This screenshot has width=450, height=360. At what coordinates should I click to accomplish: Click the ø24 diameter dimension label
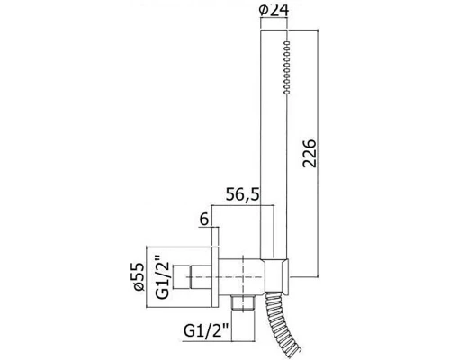(274, 11)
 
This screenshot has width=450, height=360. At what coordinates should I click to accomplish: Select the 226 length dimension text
(310, 153)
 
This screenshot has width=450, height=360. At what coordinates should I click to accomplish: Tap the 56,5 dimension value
(242, 195)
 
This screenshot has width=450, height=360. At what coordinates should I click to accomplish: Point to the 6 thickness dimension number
(203, 220)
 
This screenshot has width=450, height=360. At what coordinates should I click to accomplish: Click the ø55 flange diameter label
(139, 276)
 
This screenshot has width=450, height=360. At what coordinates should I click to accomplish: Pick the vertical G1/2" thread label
(163, 276)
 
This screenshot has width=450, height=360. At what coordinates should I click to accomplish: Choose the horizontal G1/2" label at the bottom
(206, 331)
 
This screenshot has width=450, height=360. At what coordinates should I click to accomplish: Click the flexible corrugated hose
(281, 324)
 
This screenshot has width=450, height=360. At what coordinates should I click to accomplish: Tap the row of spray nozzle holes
(287, 67)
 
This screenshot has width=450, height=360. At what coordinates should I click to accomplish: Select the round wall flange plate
(215, 277)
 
